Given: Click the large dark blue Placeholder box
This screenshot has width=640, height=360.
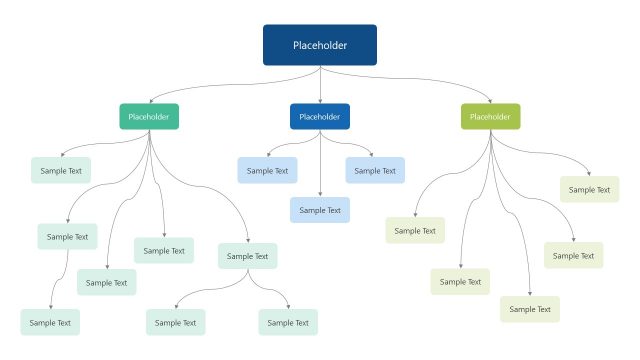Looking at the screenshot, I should click(x=320, y=45).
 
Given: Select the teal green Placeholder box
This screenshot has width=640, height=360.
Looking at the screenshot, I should click(x=149, y=117).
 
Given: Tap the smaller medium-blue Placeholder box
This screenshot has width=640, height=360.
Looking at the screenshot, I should click(x=320, y=117).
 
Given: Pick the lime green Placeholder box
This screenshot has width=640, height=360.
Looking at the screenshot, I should click(x=490, y=117).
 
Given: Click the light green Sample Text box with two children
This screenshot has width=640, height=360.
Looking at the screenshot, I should click(x=247, y=256).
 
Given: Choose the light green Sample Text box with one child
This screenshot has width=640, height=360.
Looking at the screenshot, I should click(x=67, y=237).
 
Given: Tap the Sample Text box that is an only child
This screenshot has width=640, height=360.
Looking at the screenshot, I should click(x=50, y=322).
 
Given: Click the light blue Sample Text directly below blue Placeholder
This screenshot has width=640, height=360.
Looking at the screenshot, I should click(x=320, y=210).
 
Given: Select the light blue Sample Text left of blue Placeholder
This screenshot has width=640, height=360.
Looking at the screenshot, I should click(x=267, y=171).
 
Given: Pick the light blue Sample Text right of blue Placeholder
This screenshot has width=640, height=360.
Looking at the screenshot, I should click(x=375, y=171).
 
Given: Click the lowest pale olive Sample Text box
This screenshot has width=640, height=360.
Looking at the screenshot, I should click(x=530, y=309).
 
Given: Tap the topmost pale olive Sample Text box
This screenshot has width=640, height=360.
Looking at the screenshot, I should click(x=589, y=189).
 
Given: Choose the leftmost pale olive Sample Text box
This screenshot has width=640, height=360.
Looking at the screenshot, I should click(x=415, y=231).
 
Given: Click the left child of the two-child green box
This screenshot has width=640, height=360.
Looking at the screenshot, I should click(x=176, y=322).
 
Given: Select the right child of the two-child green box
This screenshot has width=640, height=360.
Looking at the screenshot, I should click(x=288, y=322).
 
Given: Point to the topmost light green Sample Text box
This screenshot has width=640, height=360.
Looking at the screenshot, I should click(x=61, y=171).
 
